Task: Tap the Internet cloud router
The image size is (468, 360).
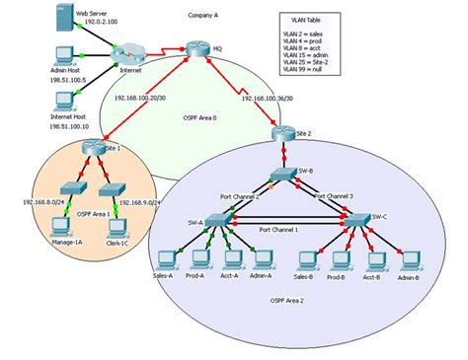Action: tap(126, 54)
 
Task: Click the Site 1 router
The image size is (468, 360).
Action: tap(95, 148)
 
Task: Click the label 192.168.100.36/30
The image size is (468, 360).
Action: tap(274, 99)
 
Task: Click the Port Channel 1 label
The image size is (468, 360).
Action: tap(279, 229)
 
